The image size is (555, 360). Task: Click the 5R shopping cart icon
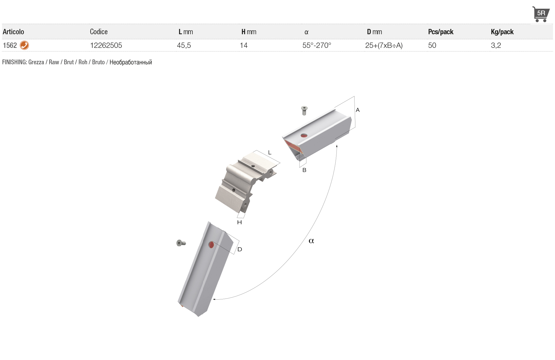tap(541, 14)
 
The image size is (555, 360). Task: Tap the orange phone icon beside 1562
tap(24, 45)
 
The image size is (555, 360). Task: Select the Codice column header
tap(99, 32)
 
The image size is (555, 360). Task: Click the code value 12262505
tap(106, 45)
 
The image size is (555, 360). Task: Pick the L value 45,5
tap(184, 45)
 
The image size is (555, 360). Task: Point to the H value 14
tap(244, 45)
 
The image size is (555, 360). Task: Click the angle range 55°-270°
tap(317, 45)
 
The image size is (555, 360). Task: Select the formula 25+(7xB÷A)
tap(384, 45)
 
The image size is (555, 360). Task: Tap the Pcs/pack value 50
tap(432, 45)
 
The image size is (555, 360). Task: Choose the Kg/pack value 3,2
tap(496, 45)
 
